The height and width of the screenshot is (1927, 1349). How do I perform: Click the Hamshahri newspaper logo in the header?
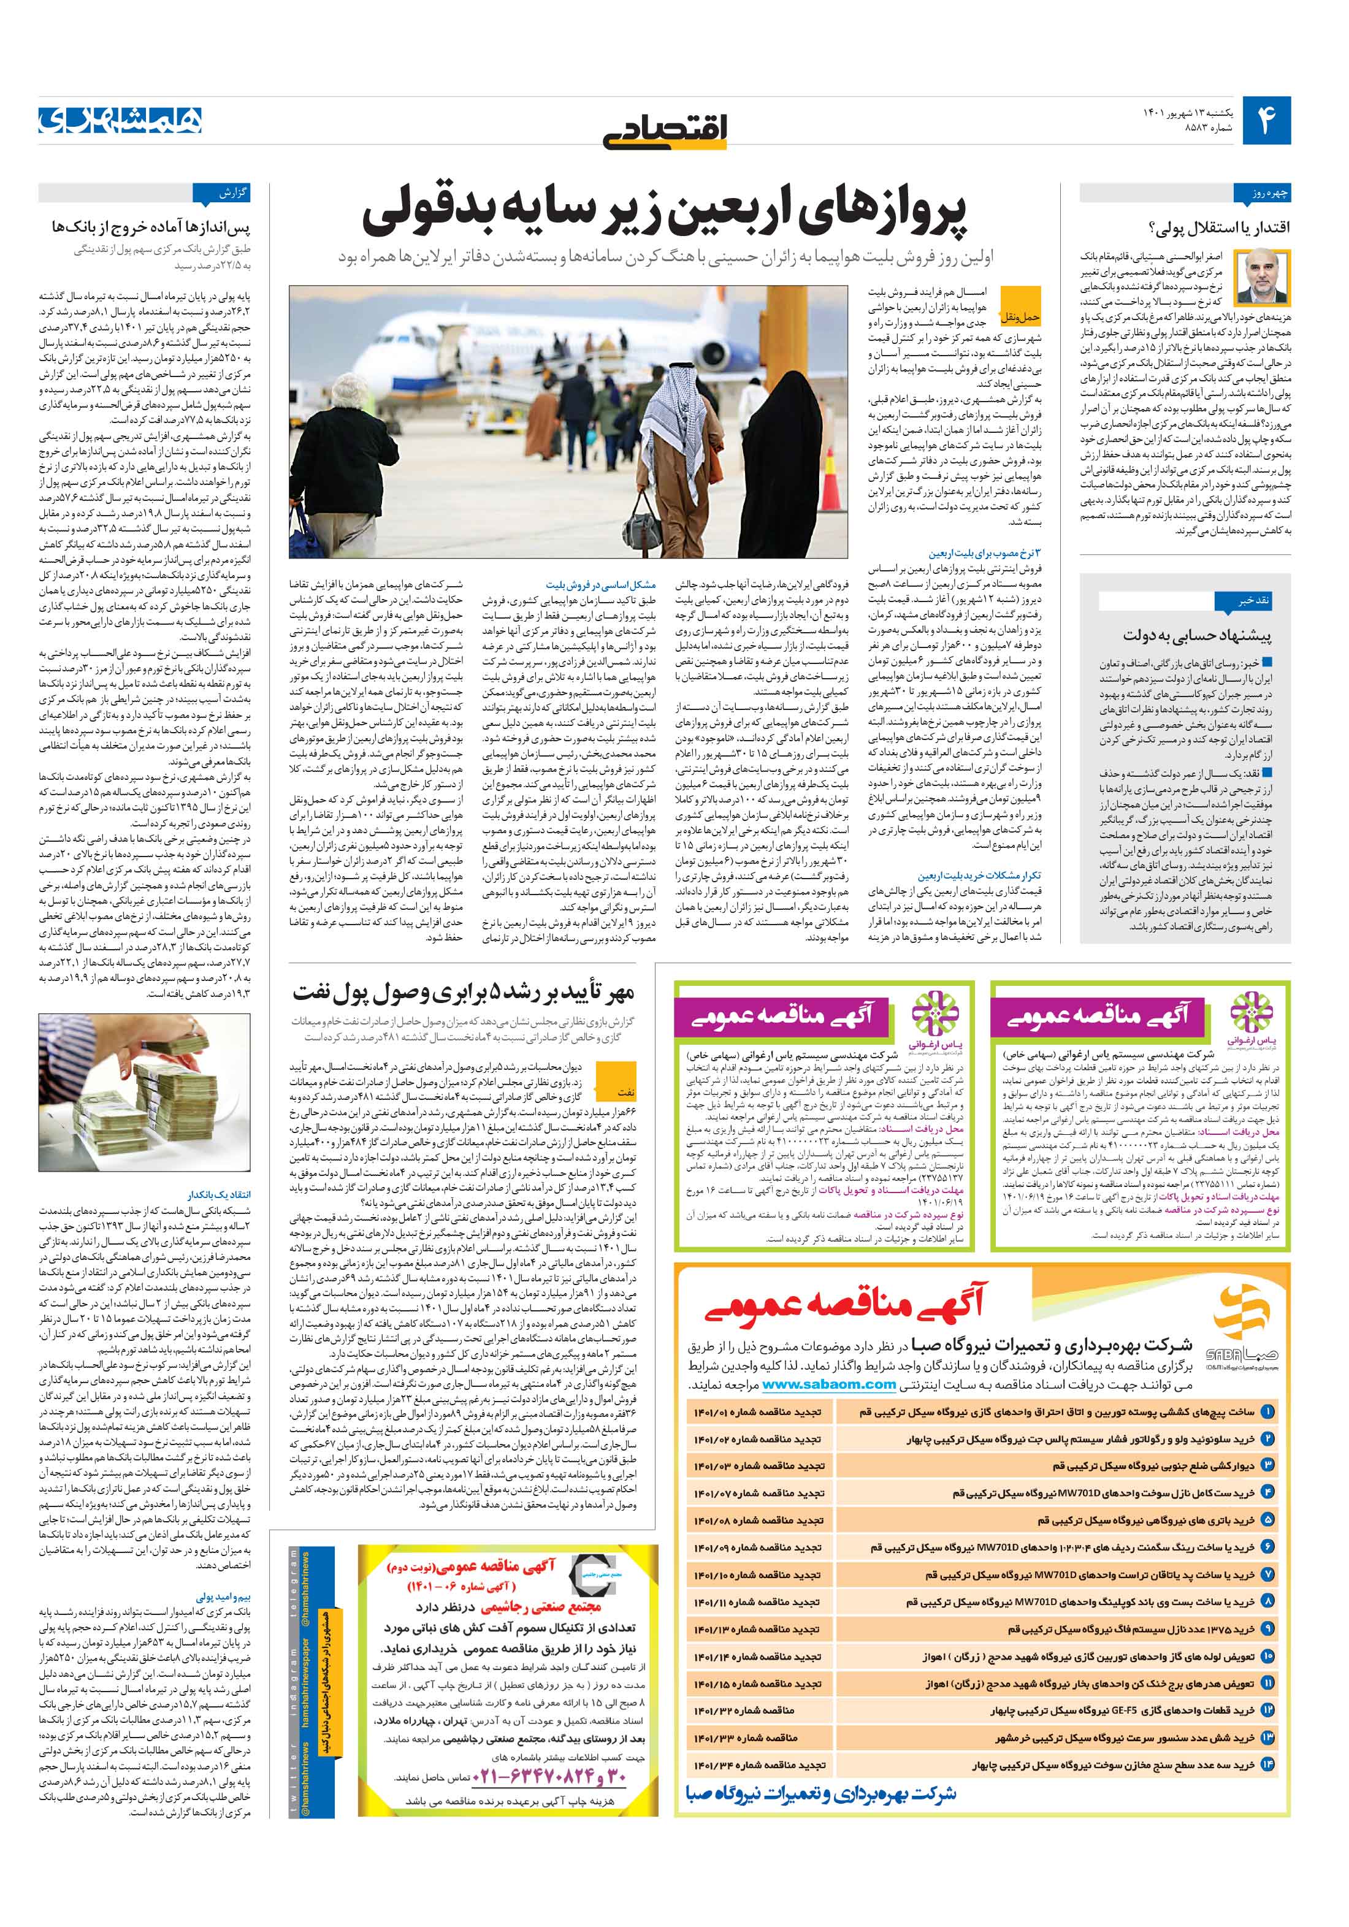tap(120, 120)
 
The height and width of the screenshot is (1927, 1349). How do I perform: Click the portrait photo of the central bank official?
tap(1269, 278)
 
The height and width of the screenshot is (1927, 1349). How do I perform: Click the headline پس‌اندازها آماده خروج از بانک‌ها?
tap(151, 227)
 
